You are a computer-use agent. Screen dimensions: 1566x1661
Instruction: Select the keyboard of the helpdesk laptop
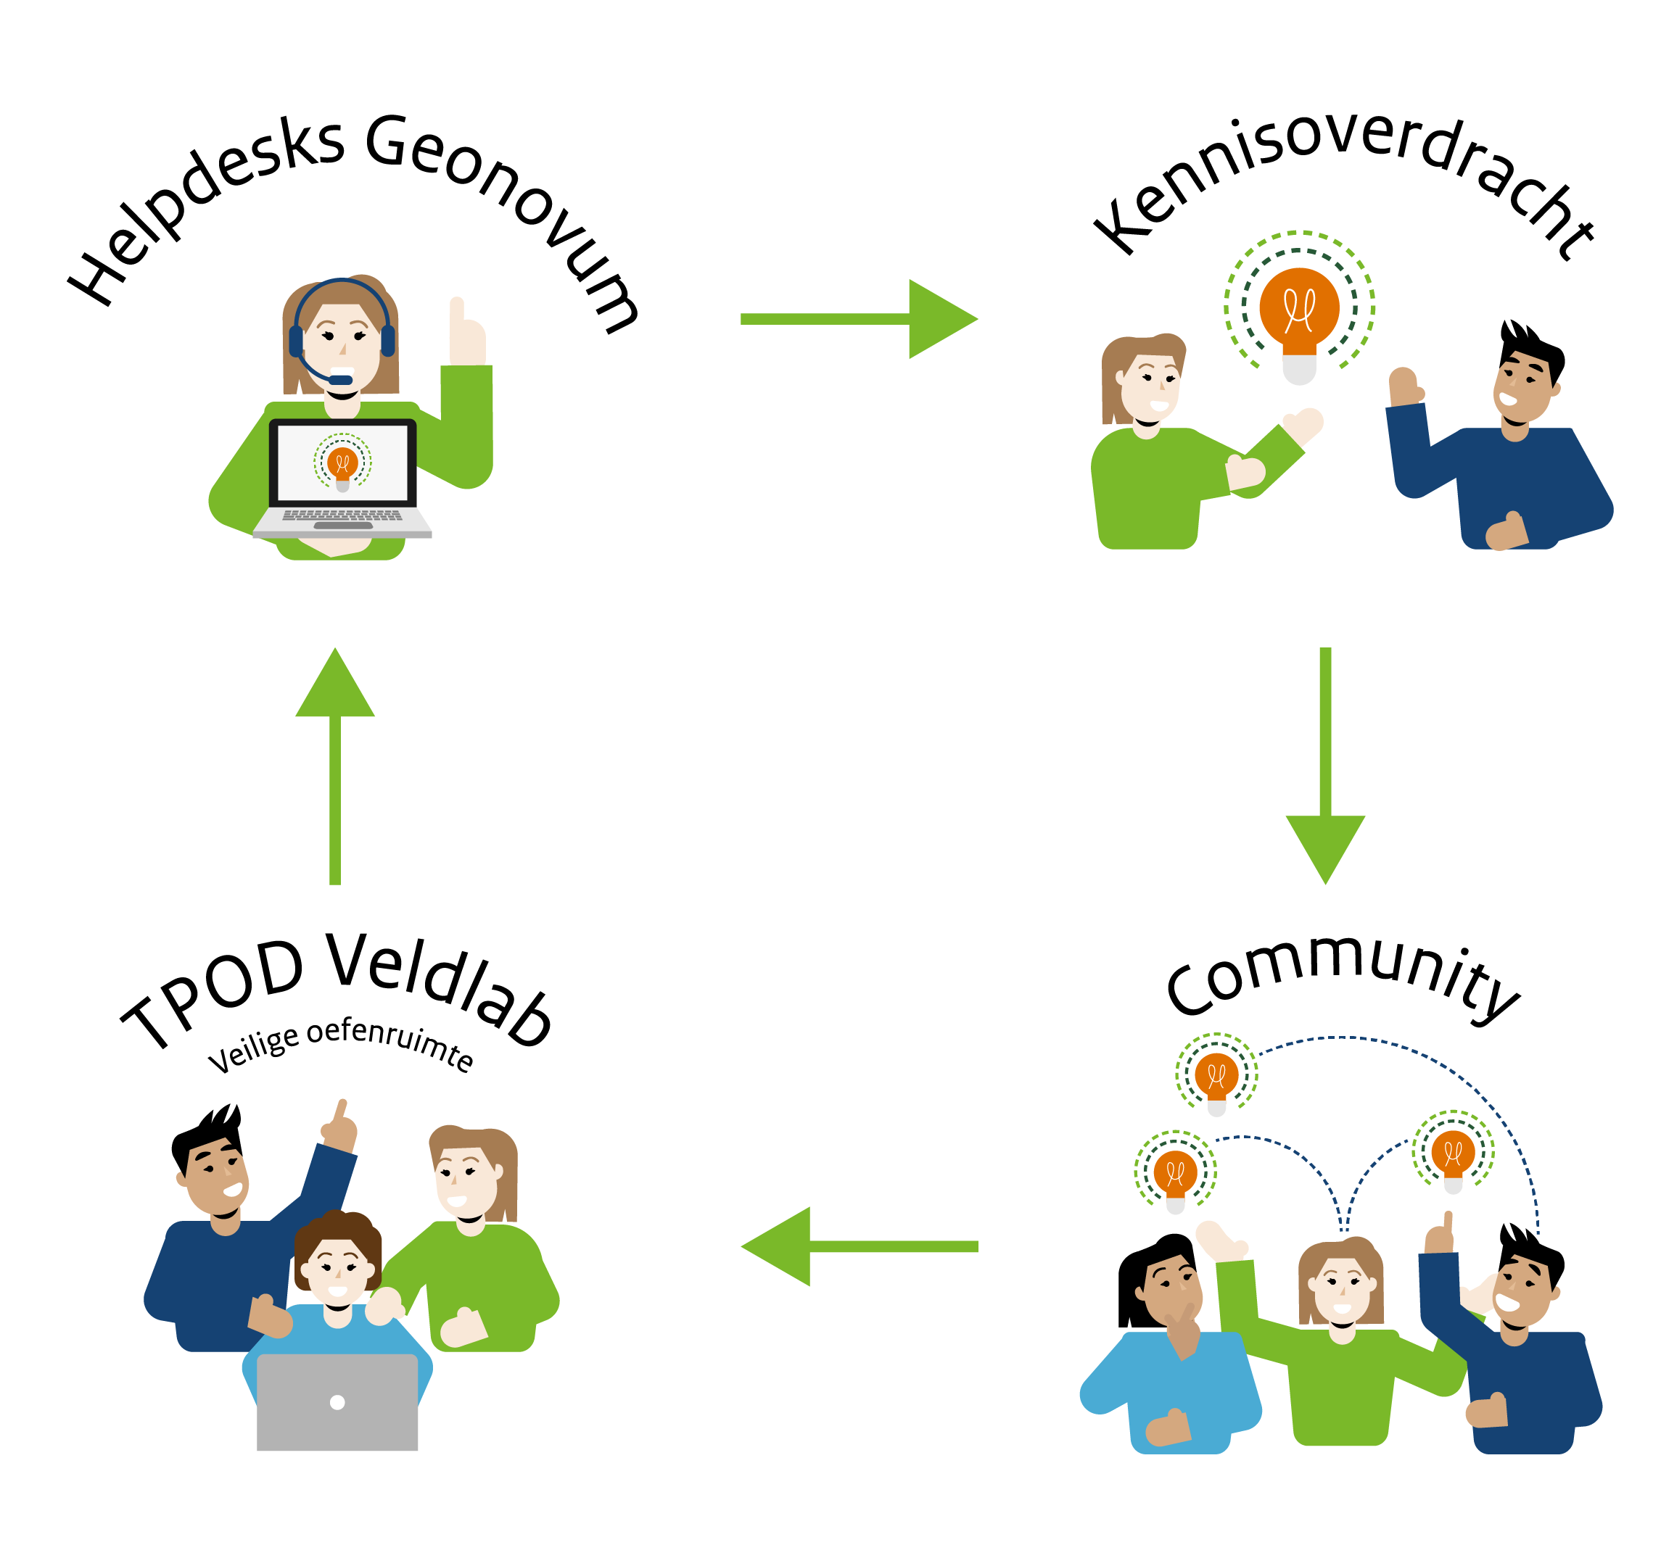(x=342, y=515)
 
